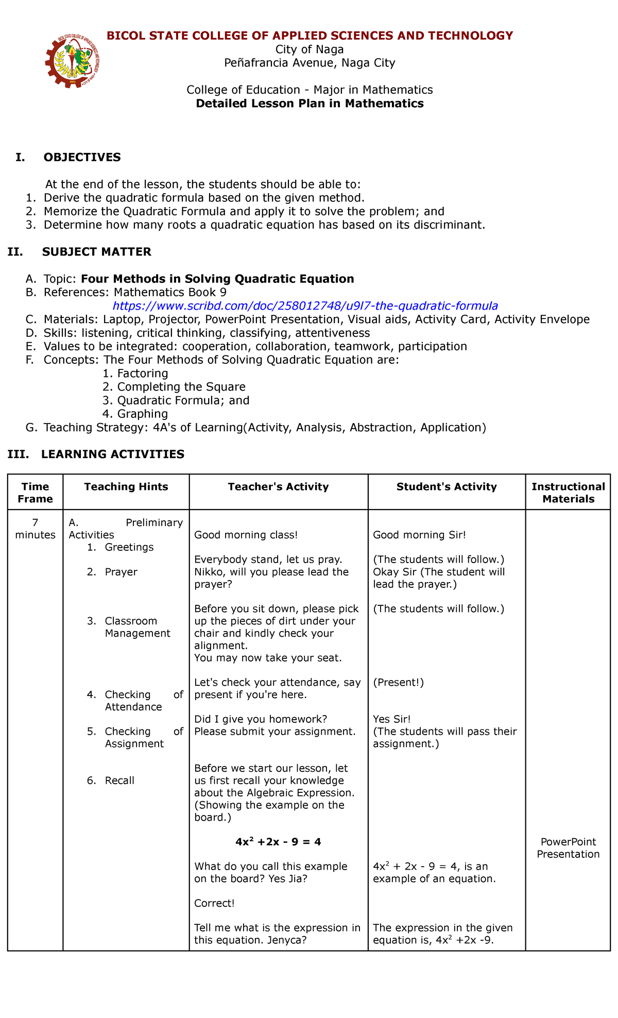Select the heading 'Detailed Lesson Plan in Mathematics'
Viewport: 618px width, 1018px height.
(310, 104)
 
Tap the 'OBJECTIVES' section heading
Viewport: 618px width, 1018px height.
(82, 157)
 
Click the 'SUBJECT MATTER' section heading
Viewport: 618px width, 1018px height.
(96, 251)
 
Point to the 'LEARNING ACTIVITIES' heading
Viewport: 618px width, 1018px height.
(112, 454)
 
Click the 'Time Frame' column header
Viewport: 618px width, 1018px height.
(35, 493)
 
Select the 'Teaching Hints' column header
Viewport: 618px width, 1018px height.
(126, 486)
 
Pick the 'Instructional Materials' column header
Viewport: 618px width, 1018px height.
(568, 493)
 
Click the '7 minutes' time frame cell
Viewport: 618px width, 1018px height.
(35, 529)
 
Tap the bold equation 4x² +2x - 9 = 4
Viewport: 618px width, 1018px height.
(278, 842)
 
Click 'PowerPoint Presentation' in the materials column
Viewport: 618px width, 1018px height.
(568, 848)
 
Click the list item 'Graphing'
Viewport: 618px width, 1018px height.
(142, 414)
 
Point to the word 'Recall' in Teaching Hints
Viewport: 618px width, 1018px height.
(119, 781)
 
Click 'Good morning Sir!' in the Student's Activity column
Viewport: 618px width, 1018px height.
(419, 535)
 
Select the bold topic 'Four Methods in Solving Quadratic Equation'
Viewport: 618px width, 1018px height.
(217, 279)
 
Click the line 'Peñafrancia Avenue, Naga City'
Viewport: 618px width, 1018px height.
(310, 63)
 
